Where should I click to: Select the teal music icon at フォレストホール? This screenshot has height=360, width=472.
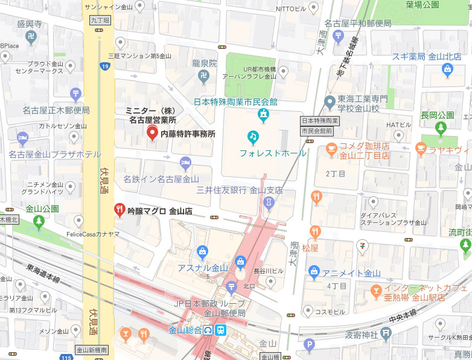coord(254,137)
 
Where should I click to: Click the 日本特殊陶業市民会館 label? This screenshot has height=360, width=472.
coord(235,101)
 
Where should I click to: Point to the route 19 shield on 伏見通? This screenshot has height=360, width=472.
coord(105,66)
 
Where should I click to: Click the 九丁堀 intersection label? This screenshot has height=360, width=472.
coord(100,20)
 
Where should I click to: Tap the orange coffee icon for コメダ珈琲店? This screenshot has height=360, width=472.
coord(331,147)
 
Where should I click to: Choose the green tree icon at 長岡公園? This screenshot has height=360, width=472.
coord(441,127)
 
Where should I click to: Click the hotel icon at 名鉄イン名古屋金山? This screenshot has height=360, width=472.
coord(186,162)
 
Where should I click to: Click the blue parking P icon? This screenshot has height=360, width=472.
coord(310,346)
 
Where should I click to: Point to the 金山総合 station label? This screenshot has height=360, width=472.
coord(184,330)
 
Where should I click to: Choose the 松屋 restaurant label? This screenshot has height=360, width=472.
coord(310,248)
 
